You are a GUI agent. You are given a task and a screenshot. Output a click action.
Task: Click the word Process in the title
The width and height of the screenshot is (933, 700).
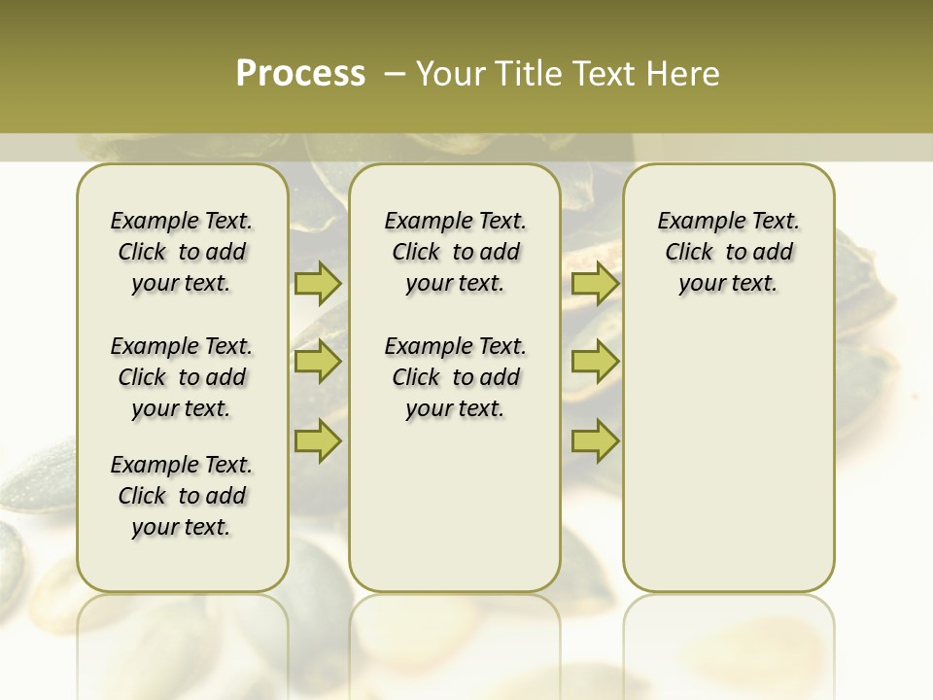[x=300, y=74]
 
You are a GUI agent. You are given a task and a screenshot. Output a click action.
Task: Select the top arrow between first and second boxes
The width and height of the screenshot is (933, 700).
[x=318, y=284]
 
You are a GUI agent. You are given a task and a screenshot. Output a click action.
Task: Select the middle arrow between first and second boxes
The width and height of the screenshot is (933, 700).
[x=318, y=363]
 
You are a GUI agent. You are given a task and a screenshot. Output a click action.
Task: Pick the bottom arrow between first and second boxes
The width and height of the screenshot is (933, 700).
[x=318, y=440]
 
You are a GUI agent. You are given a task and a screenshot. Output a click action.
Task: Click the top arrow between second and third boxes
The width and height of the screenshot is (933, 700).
[x=595, y=284]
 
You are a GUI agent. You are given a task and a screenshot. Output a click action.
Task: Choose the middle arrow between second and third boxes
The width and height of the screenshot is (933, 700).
[x=595, y=363]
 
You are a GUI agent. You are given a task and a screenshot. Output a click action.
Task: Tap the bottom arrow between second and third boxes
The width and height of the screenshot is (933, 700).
[x=595, y=440]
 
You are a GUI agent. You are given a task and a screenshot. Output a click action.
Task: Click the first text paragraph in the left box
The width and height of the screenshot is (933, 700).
[x=182, y=252]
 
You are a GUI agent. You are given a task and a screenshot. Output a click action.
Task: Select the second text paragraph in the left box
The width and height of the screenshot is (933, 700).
[x=182, y=377]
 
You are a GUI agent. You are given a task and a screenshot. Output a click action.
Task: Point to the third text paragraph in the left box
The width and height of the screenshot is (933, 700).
[x=182, y=496]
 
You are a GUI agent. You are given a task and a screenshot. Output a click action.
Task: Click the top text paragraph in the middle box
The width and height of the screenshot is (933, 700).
[x=455, y=252]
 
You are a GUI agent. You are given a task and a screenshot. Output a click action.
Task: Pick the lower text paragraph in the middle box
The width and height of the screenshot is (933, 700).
[x=455, y=377]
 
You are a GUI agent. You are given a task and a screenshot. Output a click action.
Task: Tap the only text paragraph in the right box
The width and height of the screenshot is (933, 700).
[x=728, y=252]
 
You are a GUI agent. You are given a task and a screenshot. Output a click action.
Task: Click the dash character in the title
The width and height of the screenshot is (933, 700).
[x=395, y=74]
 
